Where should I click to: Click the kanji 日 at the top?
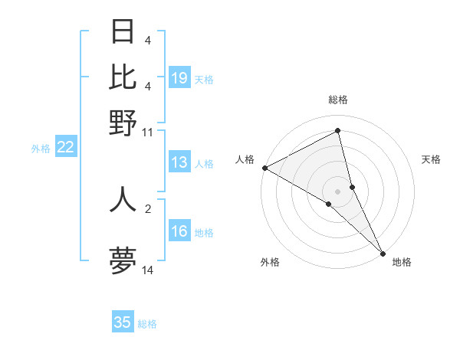pos(123,31)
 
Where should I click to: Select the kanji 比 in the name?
pos(123,77)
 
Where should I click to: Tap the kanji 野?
pos(123,122)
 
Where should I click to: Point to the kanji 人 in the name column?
pos(123,198)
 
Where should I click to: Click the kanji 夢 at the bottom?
pos(123,260)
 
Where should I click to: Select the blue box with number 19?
pos(179,78)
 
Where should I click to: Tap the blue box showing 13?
pos(179,162)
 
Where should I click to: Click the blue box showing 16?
pos(179,231)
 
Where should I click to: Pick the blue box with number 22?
pos(66,148)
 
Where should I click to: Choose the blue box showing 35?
pos(123,322)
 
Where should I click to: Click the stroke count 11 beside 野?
pos(147,132)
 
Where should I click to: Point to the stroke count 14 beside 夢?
pos(147,270)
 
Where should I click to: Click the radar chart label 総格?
pos(338,100)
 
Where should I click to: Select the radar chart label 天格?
pos(432,159)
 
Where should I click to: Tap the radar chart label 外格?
pos(270,262)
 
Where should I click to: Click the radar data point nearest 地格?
pos(383,252)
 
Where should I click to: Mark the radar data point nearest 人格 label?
pos(264,168)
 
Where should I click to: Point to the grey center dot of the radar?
pos(337,191)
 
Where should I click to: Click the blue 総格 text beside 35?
pos(147,323)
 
